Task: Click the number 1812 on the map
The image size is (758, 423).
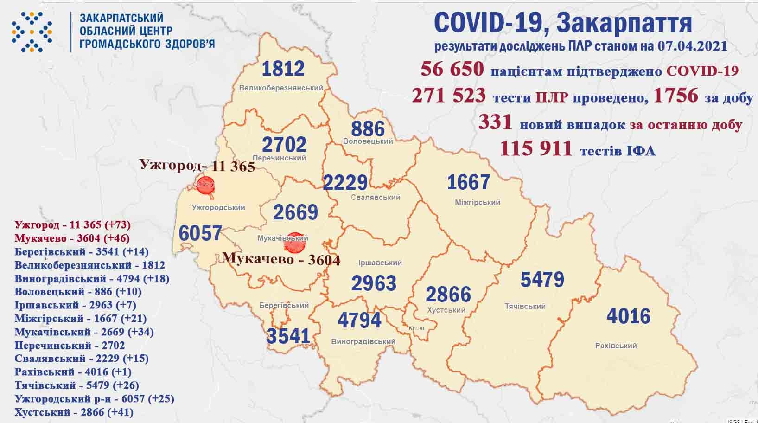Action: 283,69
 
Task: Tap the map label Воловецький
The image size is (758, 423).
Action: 368,141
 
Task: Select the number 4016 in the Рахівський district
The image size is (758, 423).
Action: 628,316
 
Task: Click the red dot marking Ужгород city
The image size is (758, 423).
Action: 205,186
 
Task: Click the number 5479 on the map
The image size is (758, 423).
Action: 542,280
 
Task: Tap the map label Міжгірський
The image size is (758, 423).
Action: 478,202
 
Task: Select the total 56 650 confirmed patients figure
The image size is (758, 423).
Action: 452,70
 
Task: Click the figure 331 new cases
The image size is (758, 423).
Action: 495,122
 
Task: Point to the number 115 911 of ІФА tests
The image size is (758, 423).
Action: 535,148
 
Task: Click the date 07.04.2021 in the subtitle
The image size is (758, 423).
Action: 692,46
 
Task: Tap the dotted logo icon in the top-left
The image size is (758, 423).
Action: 32,31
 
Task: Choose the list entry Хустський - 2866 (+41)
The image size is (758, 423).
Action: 74,412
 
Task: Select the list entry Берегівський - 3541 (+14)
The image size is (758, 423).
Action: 81,252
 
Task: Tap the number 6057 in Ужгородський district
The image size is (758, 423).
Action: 200,233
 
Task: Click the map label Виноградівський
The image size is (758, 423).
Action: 363,342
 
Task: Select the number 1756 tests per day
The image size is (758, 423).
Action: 675,95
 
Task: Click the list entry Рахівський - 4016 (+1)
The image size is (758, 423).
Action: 73,372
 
